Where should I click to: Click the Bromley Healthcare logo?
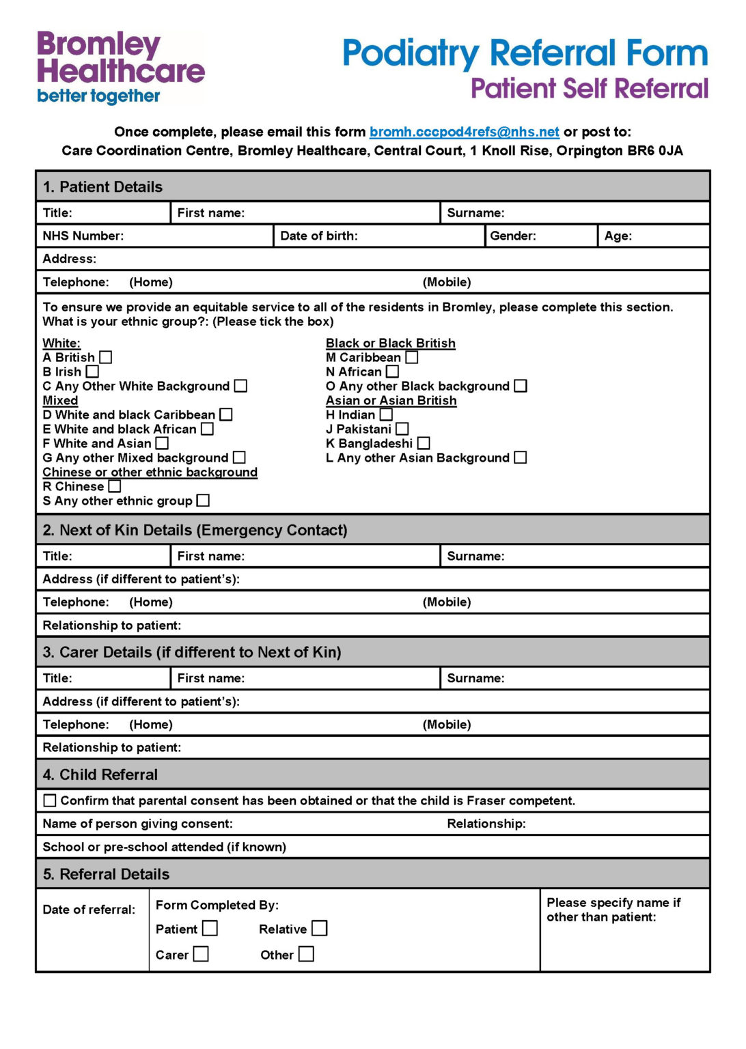click(x=120, y=67)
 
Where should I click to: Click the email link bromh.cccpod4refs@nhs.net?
click(x=464, y=132)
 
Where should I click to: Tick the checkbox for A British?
click(x=106, y=357)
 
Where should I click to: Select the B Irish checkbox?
click(x=92, y=372)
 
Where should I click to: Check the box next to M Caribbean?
click(x=411, y=357)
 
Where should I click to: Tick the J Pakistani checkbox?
click(x=402, y=429)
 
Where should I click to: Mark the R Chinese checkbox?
click(x=115, y=486)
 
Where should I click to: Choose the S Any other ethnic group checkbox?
click(x=203, y=501)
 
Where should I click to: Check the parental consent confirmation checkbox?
click(x=50, y=800)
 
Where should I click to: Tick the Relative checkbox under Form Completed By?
click(x=319, y=928)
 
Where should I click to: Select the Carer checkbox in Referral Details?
click(x=201, y=954)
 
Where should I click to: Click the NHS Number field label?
click(x=83, y=236)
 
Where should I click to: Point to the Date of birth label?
click(x=319, y=236)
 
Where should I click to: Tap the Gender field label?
click(x=513, y=236)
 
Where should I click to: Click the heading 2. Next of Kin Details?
click(x=195, y=530)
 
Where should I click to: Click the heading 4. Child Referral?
click(x=100, y=774)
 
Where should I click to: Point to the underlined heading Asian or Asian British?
click(x=391, y=400)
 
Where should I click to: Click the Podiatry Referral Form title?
click(x=525, y=53)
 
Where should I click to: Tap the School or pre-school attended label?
click(x=164, y=847)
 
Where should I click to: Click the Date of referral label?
click(x=89, y=910)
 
